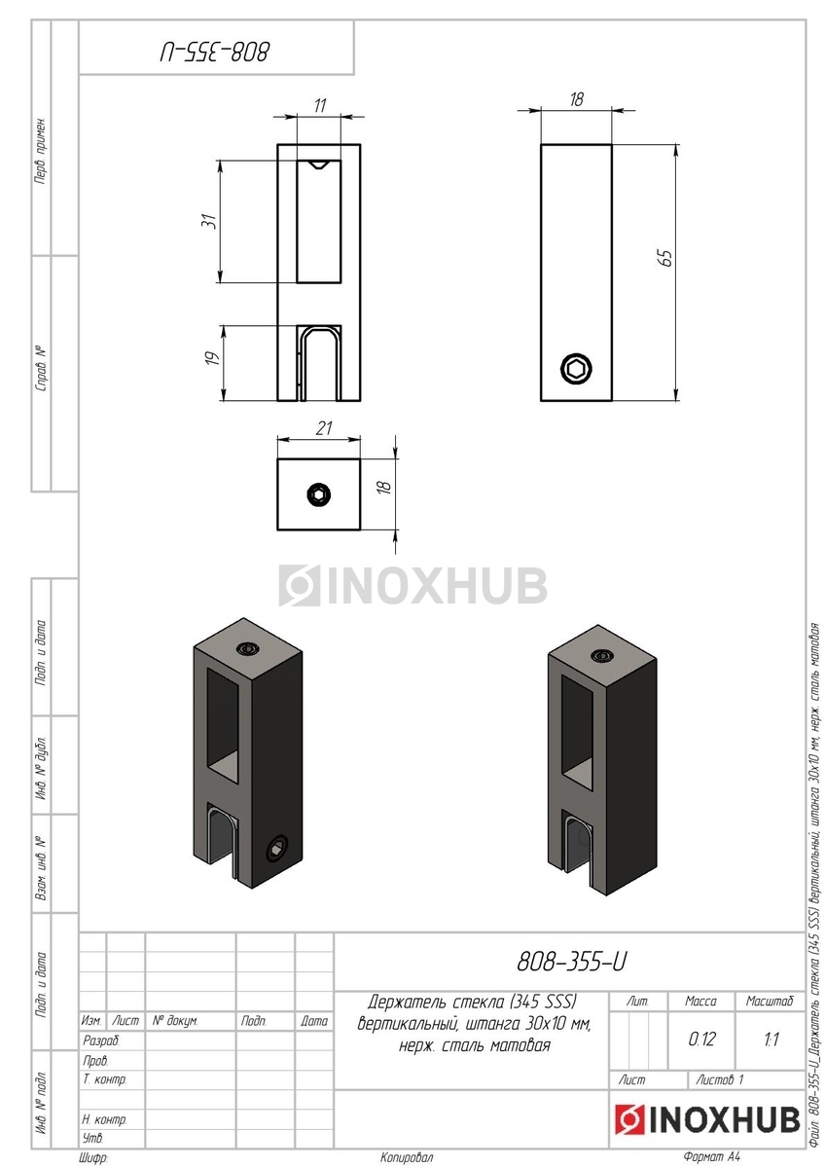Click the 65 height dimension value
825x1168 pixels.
click(x=666, y=258)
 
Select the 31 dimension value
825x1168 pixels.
click(x=210, y=221)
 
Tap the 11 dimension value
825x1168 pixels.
click(x=319, y=105)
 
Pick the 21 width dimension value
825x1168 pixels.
click(x=323, y=427)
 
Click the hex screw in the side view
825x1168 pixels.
click(x=576, y=369)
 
